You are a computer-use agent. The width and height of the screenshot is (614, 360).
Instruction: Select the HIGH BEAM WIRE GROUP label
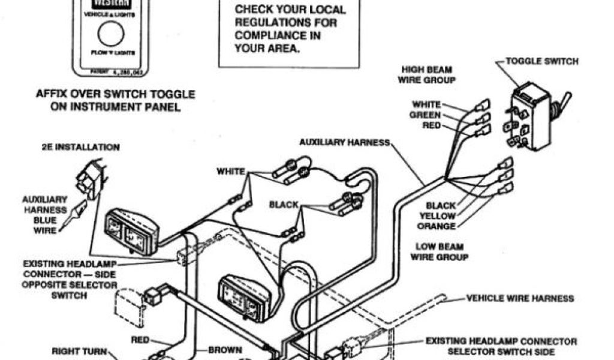click(428, 74)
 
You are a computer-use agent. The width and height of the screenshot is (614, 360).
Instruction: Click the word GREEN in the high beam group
click(425, 115)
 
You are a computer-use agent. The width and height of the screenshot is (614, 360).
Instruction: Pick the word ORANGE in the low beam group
click(437, 226)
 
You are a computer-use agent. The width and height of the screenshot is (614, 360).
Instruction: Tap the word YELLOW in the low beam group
click(437, 216)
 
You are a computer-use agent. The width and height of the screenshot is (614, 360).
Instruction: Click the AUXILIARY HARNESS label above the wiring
click(345, 142)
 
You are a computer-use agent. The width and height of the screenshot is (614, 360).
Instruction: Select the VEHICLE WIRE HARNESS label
click(520, 298)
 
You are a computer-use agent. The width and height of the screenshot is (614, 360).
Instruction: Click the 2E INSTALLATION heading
click(80, 147)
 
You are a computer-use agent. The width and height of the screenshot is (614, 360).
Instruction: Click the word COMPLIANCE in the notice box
click(269, 35)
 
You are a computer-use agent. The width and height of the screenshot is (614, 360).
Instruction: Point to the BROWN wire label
click(225, 350)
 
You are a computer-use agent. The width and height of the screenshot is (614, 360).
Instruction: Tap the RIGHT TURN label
click(79, 352)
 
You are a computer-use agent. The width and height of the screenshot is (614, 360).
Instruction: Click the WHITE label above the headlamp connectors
click(231, 172)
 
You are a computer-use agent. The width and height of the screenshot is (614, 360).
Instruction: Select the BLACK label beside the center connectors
click(284, 205)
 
